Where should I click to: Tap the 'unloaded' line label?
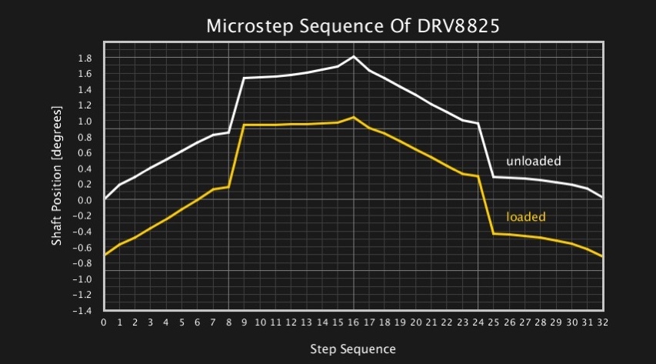[x=533, y=162]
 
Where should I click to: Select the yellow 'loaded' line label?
[x=526, y=217]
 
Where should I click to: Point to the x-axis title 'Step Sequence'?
[x=353, y=349]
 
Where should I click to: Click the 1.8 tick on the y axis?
[x=85, y=58]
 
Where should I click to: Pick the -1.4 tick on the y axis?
[x=83, y=310]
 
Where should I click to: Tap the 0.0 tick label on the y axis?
[x=85, y=200]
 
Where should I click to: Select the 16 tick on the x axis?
[x=354, y=322]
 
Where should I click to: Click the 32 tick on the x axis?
[x=603, y=322]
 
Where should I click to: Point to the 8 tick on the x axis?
[x=228, y=322]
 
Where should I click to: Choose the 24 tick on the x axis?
[x=478, y=322]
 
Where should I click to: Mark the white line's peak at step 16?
[x=354, y=56]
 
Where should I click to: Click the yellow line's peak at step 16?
[x=354, y=117]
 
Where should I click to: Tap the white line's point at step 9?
[x=244, y=78]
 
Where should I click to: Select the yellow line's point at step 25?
[x=494, y=233]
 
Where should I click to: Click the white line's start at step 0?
[x=105, y=199]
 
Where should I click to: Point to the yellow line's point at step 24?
[x=478, y=176]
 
